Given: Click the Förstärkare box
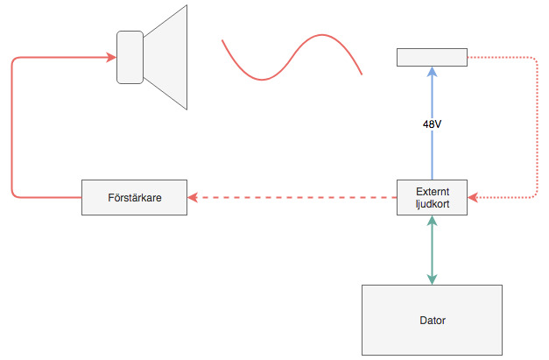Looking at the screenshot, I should pyautogui.click(x=134, y=197).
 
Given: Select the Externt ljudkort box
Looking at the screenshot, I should pyautogui.click(x=432, y=197).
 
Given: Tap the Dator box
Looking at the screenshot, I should pyautogui.click(x=432, y=320).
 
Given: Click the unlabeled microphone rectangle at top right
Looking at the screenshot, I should pyautogui.click(x=432, y=57).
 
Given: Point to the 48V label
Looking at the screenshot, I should pyautogui.click(x=432, y=124).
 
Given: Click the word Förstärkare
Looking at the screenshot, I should pyautogui.click(x=134, y=197).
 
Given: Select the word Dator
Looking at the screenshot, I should pyautogui.click(x=432, y=321).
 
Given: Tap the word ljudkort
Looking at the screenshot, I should pyautogui.click(x=433, y=204).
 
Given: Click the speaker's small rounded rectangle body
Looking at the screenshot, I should pyautogui.click(x=130, y=57).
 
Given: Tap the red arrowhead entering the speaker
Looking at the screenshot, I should pyautogui.click(x=111, y=58).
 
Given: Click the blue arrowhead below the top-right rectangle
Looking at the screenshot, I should pyautogui.click(x=432, y=72).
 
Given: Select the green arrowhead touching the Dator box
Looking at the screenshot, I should pyautogui.click(x=432, y=279).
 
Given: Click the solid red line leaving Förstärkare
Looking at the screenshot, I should pyautogui.click(x=12, y=131).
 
